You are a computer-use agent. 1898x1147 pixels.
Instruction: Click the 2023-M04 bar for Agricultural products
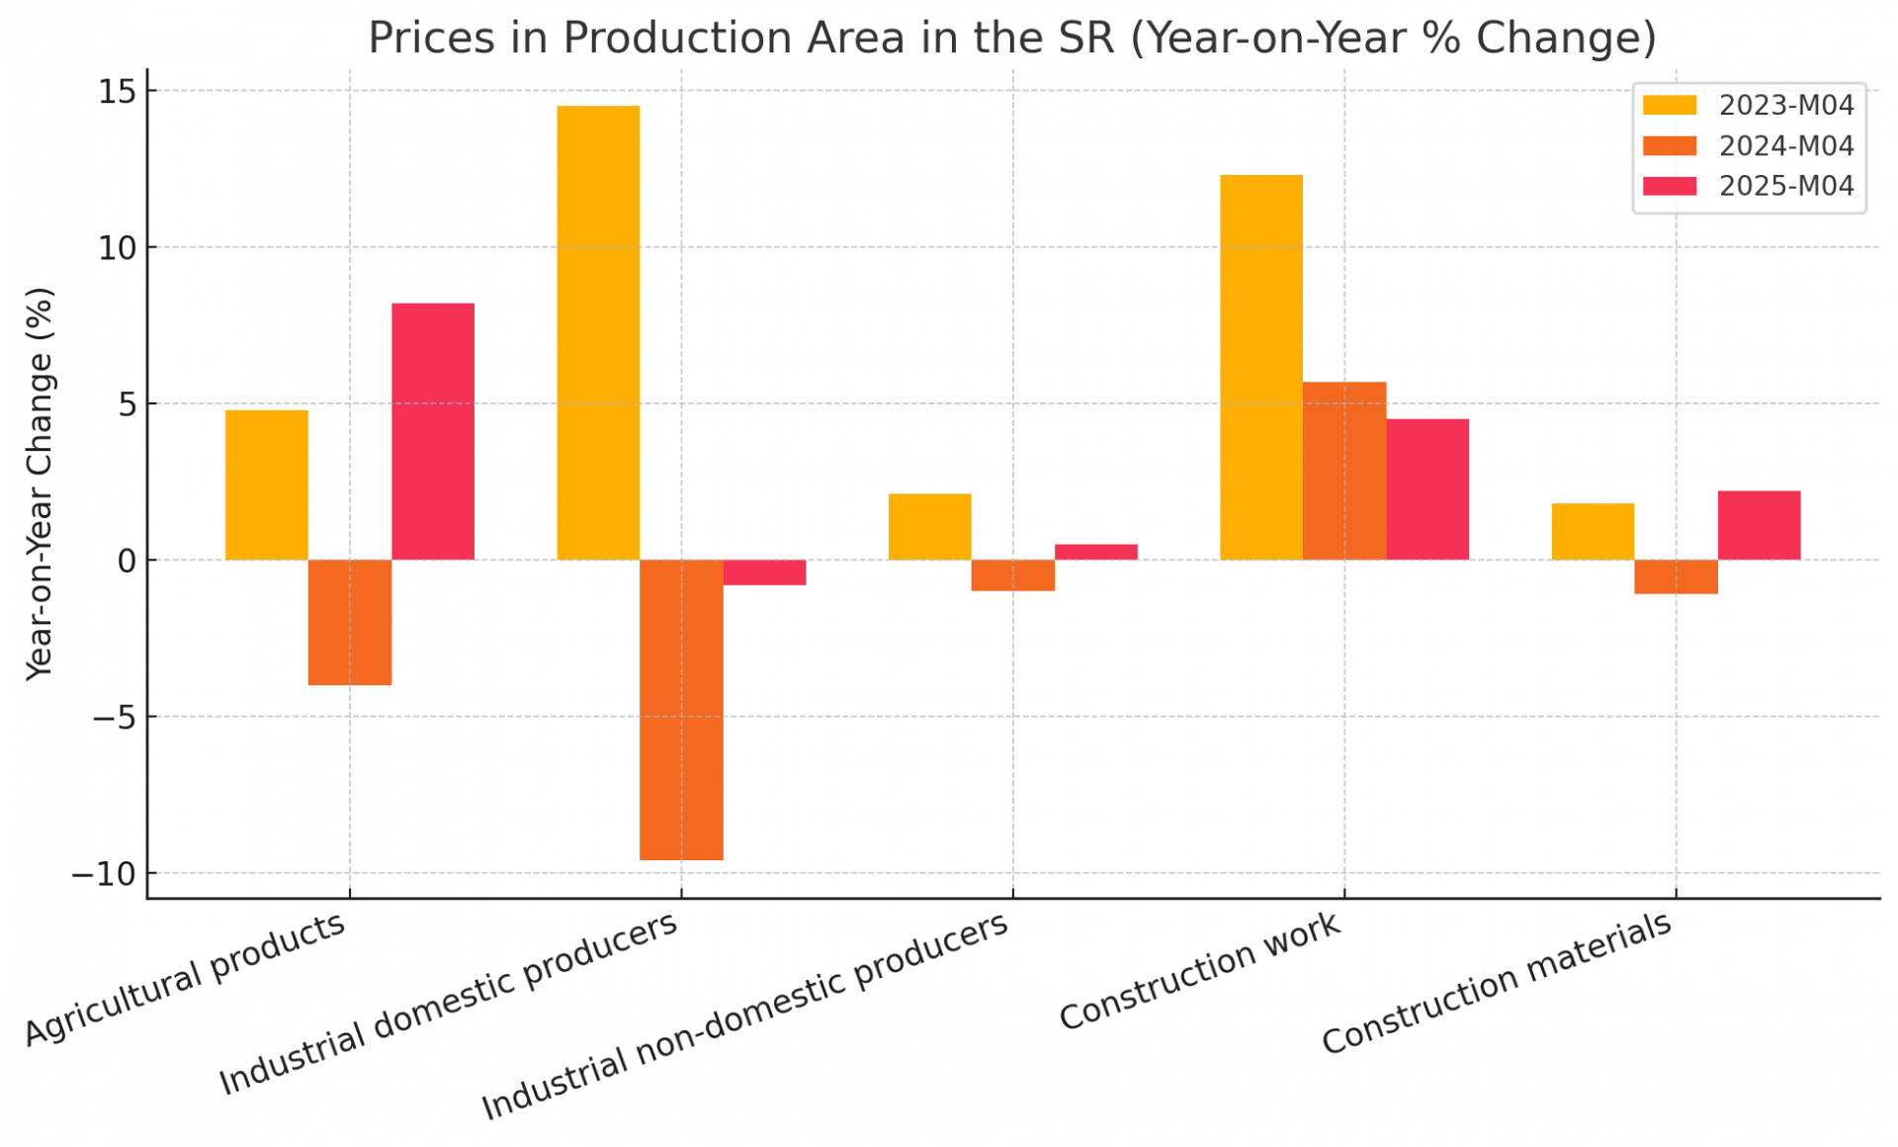(267, 485)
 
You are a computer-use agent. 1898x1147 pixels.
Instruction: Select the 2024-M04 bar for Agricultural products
(350, 622)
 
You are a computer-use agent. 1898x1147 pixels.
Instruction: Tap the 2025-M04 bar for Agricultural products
(433, 431)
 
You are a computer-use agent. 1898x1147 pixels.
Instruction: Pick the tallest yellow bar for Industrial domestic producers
(598, 332)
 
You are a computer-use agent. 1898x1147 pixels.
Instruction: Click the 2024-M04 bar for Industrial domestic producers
(681, 709)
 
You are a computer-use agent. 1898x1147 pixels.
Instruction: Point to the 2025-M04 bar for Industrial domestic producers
(764, 573)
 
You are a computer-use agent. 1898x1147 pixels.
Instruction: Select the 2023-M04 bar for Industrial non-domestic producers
(929, 527)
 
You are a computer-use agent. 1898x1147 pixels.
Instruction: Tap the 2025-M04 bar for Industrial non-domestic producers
(1095, 552)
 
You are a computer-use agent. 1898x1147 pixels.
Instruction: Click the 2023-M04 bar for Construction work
(1260, 367)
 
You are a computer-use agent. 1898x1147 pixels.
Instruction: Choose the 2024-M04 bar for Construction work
(1343, 471)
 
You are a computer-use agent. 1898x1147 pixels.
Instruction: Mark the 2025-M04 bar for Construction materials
(1759, 525)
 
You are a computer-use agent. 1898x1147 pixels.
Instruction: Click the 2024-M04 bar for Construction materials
(1676, 576)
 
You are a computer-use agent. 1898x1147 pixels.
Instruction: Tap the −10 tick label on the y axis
(103, 874)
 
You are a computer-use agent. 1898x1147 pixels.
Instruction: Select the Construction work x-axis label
(1199, 970)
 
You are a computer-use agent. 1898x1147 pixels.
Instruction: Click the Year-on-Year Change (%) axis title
(39, 484)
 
